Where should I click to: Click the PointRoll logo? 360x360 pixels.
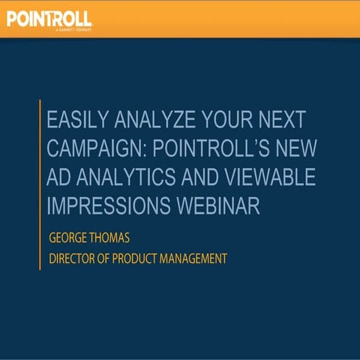49,18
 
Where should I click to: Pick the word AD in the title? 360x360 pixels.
58,178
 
